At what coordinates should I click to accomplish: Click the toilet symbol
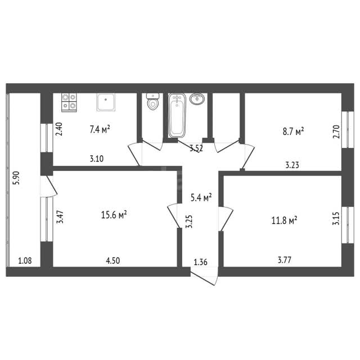pyautogui.click(x=152, y=101)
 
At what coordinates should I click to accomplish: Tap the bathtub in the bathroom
pyautogui.click(x=177, y=115)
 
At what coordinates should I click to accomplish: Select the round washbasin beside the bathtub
pyautogui.click(x=197, y=99)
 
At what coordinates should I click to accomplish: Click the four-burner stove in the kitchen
pyautogui.click(x=69, y=102)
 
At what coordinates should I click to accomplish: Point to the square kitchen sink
pyautogui.click(x=106, y=102)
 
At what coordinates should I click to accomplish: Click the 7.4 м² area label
pyautogui.click(x=100, y=129)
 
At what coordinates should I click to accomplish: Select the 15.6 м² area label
pyautogui.click(x=114, y=215)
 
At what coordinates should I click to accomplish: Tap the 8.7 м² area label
pyautogui.click(x=293, y=132)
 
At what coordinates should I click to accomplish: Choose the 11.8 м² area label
pyautogui.click(x=284, y=220)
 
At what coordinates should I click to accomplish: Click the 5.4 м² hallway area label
pyautogui.click(x=201, y=197)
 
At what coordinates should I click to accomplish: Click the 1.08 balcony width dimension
pyautogui.click(x=25, y=261)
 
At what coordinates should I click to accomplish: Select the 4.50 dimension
pyautogui.click(x=112, y=261)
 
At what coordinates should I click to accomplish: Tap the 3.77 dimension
pyautogui.click(x=285, y=260)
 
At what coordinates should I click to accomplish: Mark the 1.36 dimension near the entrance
pyautogui.click(x=200, y=262)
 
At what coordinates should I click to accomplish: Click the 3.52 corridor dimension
pyautogui.click(x=196, y=148)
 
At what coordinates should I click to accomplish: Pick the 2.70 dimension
pyautogui.click(x=336, y=132)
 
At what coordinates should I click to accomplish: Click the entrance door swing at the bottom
pyautogui.click(x=204, y=277)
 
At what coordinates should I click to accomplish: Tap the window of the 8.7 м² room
pyautogui.click(x=348, y=130)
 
